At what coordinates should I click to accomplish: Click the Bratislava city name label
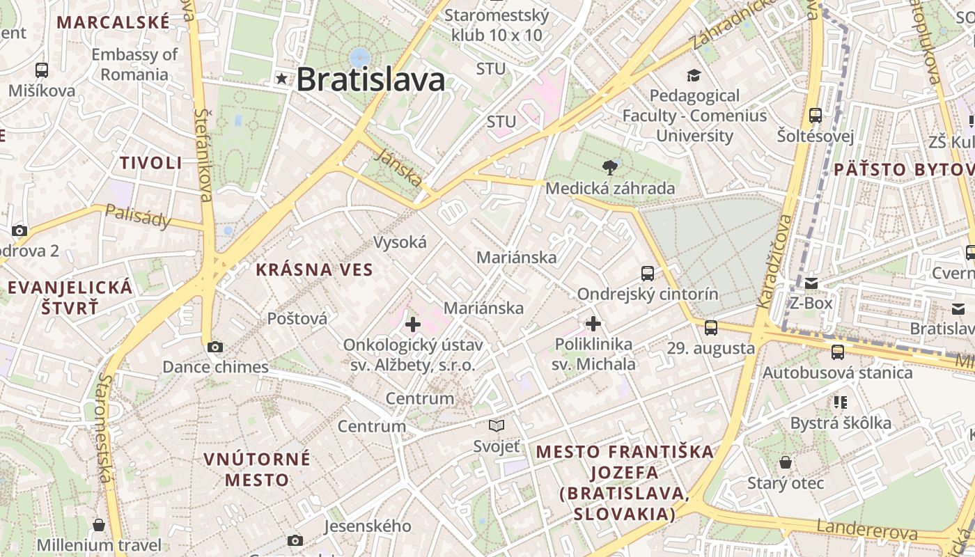pos(370,79)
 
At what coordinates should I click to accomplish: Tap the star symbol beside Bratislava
pos(281,79)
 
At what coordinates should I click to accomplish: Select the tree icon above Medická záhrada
pos(610,167)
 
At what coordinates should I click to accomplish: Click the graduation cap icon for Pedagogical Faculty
pos(694,75)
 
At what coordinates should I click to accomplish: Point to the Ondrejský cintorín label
pos(647,294)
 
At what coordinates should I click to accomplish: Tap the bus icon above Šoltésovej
pos(816,116)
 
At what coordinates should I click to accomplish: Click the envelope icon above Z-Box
pos(811,283)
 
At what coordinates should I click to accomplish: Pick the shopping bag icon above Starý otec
pos(786,462)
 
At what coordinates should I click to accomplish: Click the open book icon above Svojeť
pos(497,425)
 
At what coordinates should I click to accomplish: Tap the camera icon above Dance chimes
pos(215,347)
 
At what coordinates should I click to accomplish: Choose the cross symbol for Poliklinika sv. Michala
pos(593,324)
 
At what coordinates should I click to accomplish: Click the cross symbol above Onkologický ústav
pos(413,324)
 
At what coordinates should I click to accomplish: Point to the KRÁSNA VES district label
pos(314,269)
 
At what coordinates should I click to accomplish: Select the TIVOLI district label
pos(150,163)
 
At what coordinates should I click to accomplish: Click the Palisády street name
pos(138,217)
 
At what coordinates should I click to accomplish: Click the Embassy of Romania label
pos(134,64)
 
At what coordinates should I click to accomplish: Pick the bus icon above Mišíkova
pos(42,70)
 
